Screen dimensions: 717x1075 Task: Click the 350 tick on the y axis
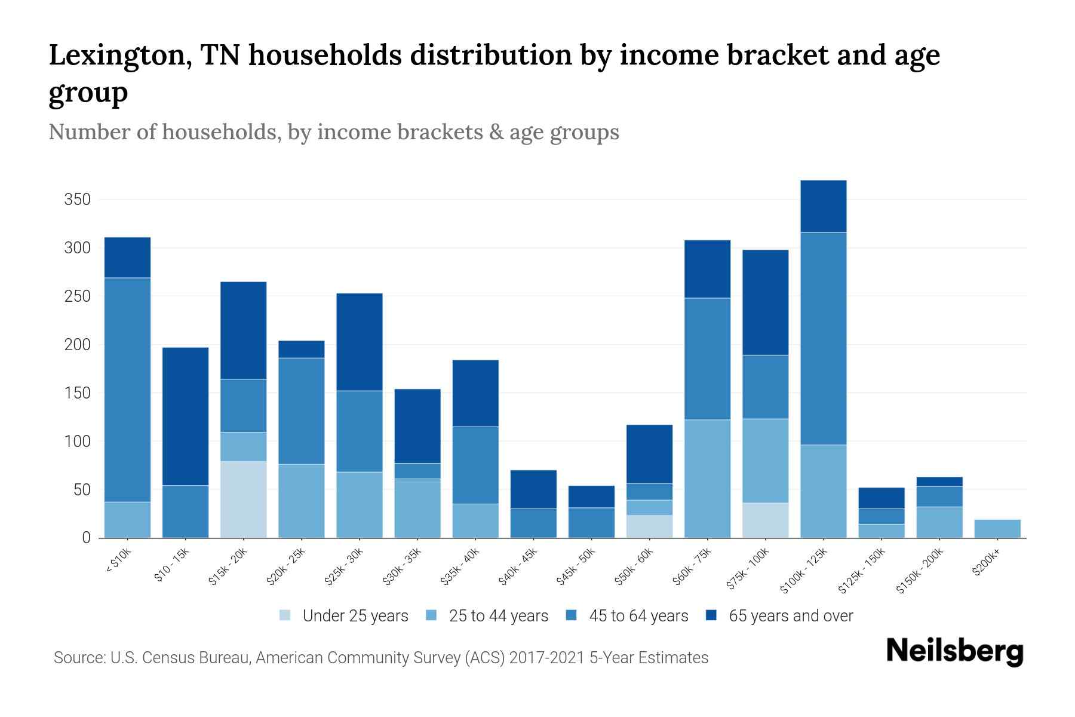pos(77,200)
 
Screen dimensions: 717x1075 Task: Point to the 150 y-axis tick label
pos(77,393)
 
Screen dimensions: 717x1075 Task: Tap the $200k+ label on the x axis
pos(986,564)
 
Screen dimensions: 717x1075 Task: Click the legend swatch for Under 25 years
pos(285,615)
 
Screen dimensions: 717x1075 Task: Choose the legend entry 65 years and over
pos(790,616)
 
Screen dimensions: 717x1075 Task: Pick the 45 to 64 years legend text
pos(638,616)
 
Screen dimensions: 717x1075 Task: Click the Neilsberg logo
pos(954,651)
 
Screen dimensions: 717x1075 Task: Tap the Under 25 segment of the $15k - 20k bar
pos(243,500)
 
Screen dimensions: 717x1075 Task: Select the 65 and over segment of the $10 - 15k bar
pos(185,416)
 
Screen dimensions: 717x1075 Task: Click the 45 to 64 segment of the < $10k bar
pos(127,390)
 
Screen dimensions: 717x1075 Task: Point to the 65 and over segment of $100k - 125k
pos(823,206)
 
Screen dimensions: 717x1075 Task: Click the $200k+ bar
pos(997,529)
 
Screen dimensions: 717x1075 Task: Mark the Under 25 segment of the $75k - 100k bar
pos(765,520)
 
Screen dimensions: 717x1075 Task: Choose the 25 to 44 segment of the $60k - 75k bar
pos(707,479)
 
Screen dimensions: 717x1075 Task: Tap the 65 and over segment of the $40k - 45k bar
pos(533,489)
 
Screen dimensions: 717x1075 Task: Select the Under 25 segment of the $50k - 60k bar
pos(649,526)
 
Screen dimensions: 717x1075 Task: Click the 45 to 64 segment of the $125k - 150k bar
pos(881,516)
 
